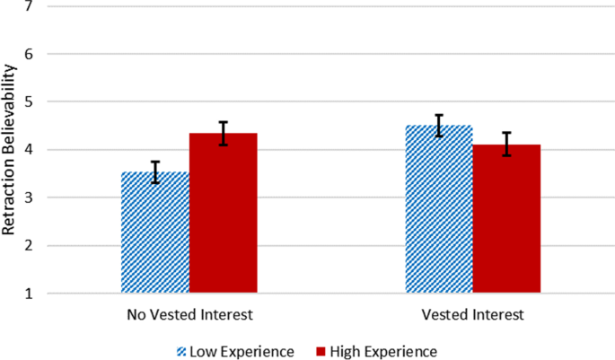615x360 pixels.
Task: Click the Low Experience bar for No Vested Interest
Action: (x=155, y=233)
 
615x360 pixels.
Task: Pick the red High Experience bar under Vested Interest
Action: (x=507, y=219)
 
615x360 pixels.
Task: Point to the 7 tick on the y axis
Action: (x=30, y=7)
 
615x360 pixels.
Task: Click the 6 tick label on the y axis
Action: (x=30, y=54)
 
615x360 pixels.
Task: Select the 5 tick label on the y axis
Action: (x=30, y=102)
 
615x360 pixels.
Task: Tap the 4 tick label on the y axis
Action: (x=30, y=150)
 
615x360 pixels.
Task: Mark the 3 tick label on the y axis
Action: (x=30, y=198)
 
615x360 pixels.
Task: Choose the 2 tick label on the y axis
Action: (x=30, y=246)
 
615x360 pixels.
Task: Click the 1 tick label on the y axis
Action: (x=30, y=294)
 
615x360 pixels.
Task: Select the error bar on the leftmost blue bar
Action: (x=155, y=172)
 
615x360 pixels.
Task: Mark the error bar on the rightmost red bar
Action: (x=507, y=144)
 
